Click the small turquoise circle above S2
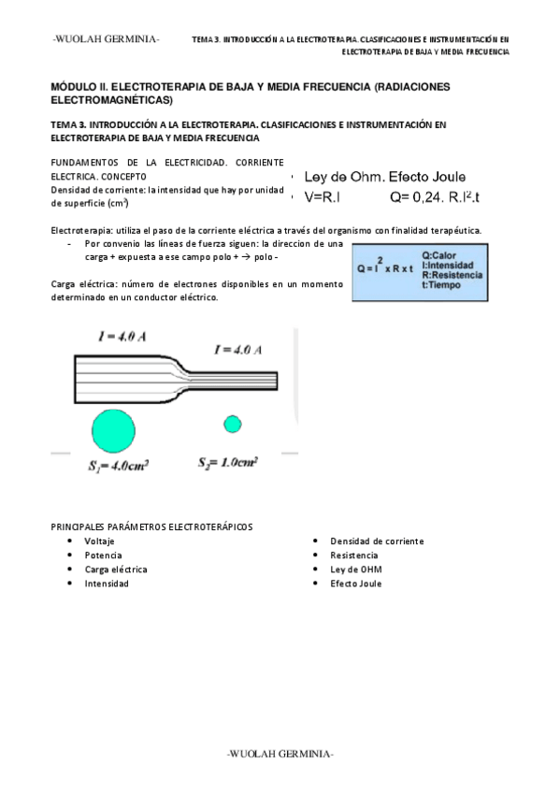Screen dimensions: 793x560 tap(232, 424)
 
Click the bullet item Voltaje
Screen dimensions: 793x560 tap(100, 541)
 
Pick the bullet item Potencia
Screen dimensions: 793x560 tap(103, 555)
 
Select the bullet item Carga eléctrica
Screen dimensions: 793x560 tap(115, 570)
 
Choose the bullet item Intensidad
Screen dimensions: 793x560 tap(107, 584)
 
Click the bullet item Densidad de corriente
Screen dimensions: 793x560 tap(377, 541)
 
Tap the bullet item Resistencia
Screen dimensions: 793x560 tap(353, 555)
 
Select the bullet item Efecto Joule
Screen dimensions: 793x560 tap(355, 584)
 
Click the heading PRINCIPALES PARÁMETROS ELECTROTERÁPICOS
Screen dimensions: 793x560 tap(151, 526)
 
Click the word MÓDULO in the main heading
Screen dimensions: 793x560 tap(76, 86)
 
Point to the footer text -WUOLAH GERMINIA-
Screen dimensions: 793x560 tap(280, 754)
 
